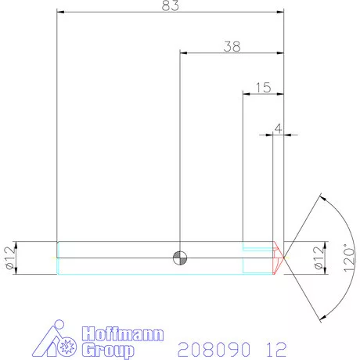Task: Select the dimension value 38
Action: [x=232, y=46]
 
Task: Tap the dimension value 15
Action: [x=263, y=88]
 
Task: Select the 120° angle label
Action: [x=349, y=257]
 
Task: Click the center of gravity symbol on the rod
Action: [x=181, y=257]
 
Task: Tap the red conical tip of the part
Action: [x=277, y=257]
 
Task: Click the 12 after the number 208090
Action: [x=276, y=347]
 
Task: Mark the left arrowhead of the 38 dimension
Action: [x=184, y=53]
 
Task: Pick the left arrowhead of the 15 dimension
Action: [x=247, y=95]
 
